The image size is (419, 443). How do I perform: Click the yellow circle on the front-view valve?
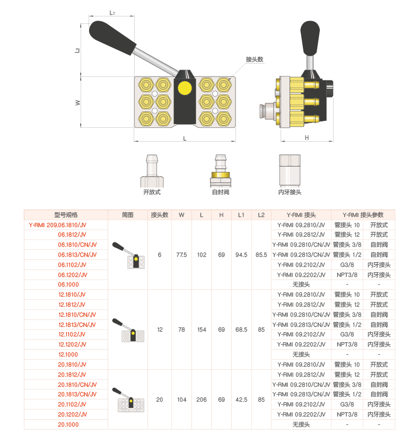click(185, 88)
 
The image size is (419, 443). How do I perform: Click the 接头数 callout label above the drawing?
click(254, 59)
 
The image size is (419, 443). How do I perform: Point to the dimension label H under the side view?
click(307, 137)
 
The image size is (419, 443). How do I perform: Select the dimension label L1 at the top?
click(112, 13)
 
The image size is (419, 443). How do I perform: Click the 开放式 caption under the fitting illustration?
click(152, 192)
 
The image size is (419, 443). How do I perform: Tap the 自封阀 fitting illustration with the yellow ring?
click(221, 171)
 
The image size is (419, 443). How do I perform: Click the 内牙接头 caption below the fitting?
click(290, 192)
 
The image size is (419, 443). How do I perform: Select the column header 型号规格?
click(66, 215)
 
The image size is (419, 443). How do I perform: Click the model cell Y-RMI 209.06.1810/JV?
click(58, 225)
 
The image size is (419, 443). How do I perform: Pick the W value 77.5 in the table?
click(181, 255)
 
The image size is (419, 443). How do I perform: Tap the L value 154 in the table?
click(202, 329)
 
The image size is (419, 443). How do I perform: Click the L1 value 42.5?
click(241, 400)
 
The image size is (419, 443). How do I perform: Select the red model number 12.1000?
click(68, 354)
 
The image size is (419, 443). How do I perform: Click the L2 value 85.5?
click(261, 255)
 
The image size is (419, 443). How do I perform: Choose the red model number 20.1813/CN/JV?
click(77, 394)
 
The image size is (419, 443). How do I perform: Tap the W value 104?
click(182, 400)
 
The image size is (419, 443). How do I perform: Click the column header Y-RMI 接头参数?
click(363, 215)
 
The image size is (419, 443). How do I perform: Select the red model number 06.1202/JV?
click(73, 275)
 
